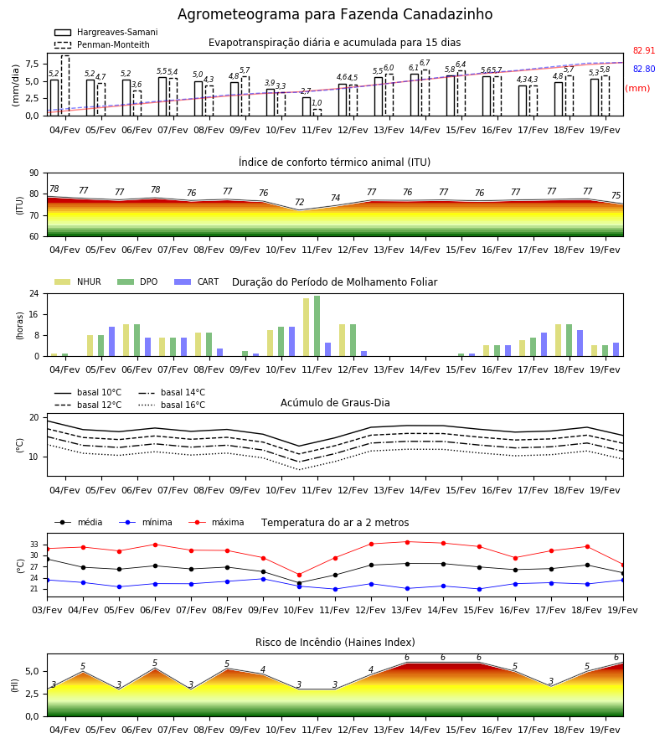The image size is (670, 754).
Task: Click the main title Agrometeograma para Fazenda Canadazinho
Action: (335, 14)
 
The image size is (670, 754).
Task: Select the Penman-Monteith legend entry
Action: (102, 44)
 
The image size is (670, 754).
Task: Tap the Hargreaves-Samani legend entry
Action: (106, 32)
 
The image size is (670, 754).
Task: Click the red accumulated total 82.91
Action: (644, 50)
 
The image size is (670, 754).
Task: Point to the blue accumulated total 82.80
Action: (644, 69)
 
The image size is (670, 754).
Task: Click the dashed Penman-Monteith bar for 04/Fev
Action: (65, 85)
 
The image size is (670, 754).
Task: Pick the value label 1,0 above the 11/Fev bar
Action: (317, 103)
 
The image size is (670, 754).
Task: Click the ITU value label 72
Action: (300, 202)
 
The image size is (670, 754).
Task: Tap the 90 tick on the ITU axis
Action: (34, 173)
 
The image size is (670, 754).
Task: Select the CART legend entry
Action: (197, 281)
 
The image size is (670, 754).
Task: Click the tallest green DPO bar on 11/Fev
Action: (317, 326)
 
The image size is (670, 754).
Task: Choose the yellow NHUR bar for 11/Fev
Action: (307, 328)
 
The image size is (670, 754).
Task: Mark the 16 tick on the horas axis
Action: (34, 314)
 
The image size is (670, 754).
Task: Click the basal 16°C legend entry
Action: (172, 405)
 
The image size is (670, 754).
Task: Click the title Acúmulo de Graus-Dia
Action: (335, 402)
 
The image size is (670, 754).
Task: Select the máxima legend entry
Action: (216, 522)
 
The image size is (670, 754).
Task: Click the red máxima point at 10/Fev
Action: (300, 575)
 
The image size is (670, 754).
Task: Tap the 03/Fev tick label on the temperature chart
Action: (47, 610)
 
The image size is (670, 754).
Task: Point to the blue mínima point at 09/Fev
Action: (263, 579)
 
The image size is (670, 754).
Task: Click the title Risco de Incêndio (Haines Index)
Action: (335, 642)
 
